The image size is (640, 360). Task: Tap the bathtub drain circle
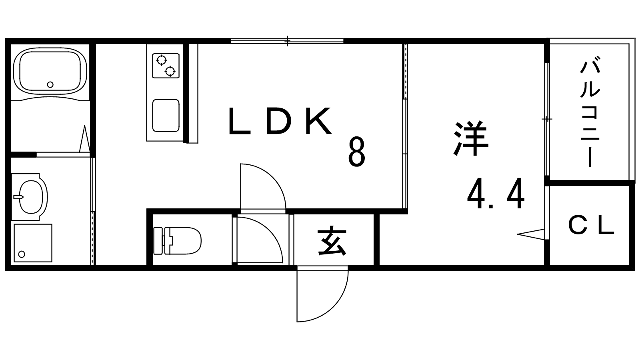(50, 84)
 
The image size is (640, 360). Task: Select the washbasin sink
(30, 197)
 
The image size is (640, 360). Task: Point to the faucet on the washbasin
(18, 197)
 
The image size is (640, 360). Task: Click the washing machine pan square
(33, 243)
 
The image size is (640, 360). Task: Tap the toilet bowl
(178, 240)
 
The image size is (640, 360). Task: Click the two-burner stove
(166, 66)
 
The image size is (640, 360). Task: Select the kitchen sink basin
(166, 116)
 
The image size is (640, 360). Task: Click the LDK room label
(280, 121)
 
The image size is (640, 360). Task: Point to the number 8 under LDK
(357, 152)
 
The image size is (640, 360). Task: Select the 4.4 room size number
(496, 194)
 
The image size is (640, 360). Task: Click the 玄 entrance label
(332, 240)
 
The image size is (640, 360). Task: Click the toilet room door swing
(260, 240)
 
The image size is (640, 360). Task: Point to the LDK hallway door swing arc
(263, 186)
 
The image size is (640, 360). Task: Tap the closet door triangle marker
(531, 234)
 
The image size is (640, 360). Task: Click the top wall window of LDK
(287, 41)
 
